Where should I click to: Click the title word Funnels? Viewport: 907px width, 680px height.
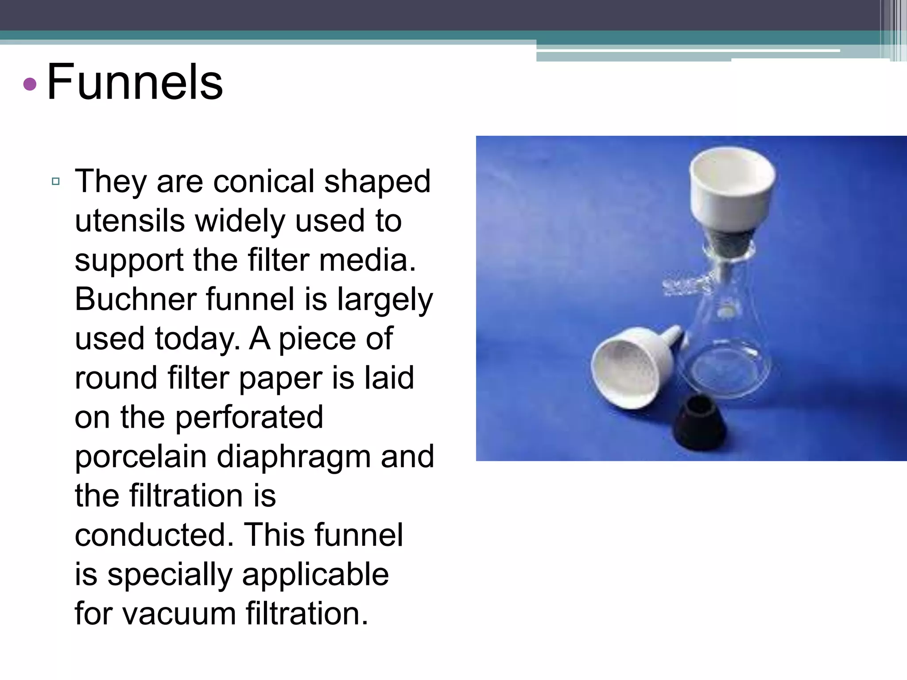click(x=135, y=82)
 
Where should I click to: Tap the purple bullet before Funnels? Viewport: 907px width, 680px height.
click(x=30, y=84)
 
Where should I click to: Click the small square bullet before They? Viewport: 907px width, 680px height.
click(x=56, y=181)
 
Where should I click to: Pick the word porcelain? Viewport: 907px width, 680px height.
click(x=140, y=456)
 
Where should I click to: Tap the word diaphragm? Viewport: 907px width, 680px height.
click(x=293, y=457)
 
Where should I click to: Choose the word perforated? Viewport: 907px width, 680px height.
click(x=249, y=417)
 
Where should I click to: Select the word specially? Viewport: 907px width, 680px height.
click(x=170, y=575)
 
